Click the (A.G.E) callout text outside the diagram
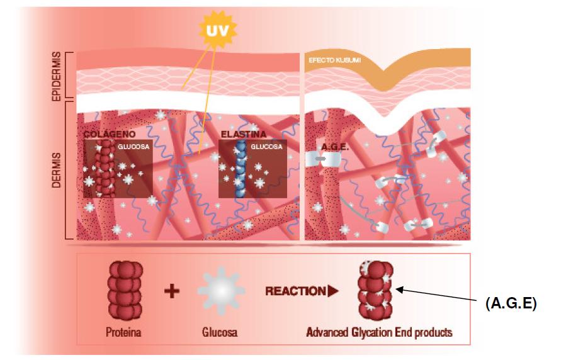point(511,303)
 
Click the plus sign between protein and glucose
point(171,291)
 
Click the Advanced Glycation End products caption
point(379,332)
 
